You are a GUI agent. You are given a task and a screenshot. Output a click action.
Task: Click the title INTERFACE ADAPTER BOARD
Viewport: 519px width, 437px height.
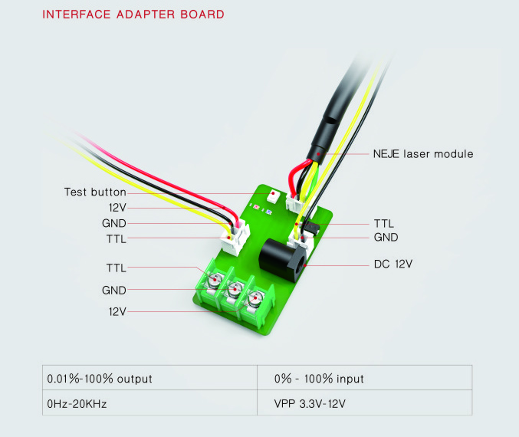pos(133,15)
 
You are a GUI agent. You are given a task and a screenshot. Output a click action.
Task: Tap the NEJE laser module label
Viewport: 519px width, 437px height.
pos(423,154)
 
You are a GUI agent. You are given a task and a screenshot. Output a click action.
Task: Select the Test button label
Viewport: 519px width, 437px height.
pos(95,192)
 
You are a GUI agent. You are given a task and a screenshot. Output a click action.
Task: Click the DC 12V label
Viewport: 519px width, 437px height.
pos(393,264)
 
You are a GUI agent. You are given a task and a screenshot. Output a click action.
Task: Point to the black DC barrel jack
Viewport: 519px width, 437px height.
pos(282,261)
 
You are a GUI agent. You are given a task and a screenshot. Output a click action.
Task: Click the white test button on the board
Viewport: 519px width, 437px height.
pos(273,196)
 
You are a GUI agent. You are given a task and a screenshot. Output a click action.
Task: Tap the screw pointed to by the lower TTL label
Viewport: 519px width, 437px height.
pos(215,281)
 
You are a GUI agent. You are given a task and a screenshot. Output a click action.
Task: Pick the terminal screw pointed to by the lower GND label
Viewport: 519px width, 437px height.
pos(235,290)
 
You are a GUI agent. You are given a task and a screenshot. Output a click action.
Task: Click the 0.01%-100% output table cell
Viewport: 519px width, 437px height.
pos(149,378)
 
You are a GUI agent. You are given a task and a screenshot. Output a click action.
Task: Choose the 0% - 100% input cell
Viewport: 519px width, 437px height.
pos(364,378)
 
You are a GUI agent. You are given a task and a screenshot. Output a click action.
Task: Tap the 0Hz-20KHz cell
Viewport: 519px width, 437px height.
pos(149,402)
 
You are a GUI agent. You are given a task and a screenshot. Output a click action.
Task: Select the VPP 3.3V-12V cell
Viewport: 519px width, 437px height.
pos(364,402)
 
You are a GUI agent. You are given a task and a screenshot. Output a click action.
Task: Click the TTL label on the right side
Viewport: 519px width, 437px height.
pos(384,223)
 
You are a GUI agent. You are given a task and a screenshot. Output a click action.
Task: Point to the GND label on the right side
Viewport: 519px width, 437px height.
pos(386,238)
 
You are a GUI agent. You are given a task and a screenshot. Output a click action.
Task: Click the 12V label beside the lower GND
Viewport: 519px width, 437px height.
pos(117,311)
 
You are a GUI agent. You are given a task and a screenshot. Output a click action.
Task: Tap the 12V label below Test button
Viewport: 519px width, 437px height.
pos(117,208)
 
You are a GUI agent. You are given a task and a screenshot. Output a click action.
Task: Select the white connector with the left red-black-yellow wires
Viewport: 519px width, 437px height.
pos(235,238)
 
